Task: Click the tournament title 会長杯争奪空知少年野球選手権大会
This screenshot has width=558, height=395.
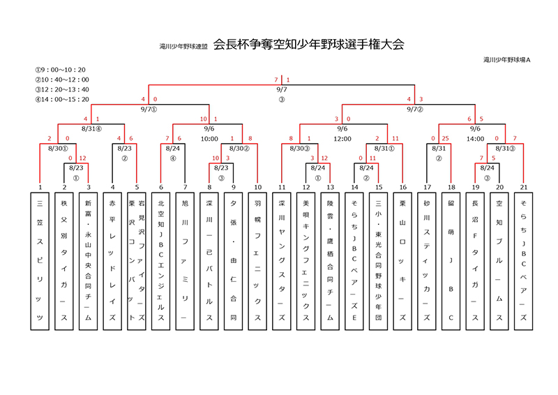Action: coord(308,45)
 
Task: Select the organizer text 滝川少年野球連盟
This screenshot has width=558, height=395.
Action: coord(183,47)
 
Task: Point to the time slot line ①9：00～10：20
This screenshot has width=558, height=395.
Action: coord(61,70)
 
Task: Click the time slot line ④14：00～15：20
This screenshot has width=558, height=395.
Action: coord(62,99)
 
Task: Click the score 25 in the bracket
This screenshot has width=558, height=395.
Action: coord(444,139)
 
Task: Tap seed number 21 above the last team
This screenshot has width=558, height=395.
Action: coord(523,187)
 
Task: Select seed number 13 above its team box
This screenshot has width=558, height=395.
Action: coord(330,187)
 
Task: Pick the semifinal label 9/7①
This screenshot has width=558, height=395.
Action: coord(149,110)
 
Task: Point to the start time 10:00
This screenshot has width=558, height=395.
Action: coord(209,138)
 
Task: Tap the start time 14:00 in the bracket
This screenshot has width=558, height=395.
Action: coord(476,138)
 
